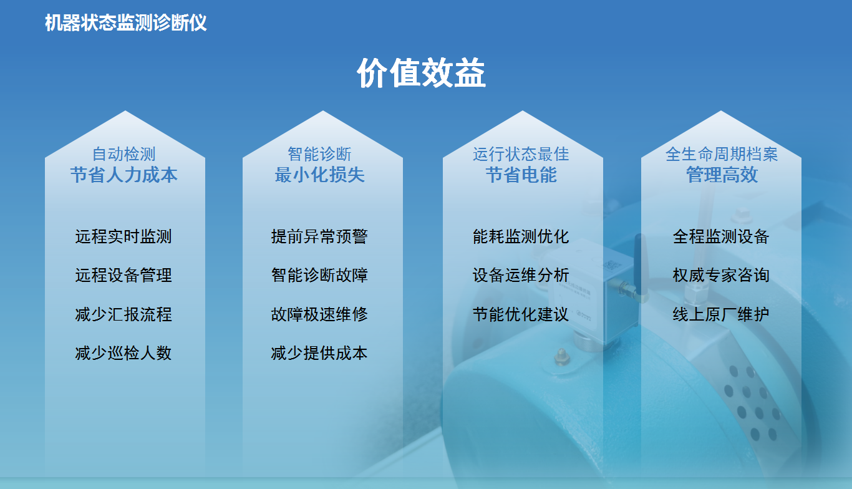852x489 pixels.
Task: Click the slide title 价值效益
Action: pyautogui.click(x=421, y=73)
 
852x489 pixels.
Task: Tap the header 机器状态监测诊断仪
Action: pyautogui.click(x=126, y=23)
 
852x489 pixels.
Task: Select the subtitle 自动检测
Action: pyautogui.click(x=124, y=154)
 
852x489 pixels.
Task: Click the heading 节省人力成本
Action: pyautogui.click(x=124, y=175)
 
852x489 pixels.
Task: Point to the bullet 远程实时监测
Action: pyautogui.click(x=123, y=236)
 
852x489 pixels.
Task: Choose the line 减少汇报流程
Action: pyautogui.click(x=123, y=314)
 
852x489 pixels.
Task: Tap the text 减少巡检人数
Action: pyautogui.click(x=123, y=353)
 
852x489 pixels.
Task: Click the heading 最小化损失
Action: pyautogui.click(x=320, y=175)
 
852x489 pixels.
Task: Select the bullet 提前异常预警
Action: pyautogui.click(x=319, y=236)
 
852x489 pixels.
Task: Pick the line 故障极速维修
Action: pyautogui.click(x=319, y=314)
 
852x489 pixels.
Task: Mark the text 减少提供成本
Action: pyautogui.click(x=319, y=353)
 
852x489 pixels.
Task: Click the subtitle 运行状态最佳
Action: pyautogui.click(x=521, y=154)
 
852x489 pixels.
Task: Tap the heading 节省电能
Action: pyautogui.click(x=521, y=175)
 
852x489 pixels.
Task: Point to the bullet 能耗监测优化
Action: pyautogui.click(x=521, y=236)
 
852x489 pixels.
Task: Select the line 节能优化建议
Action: pyautogui.click(x=521, y=314)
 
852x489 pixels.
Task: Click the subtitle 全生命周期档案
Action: pyautogui.click(x=722, y=154)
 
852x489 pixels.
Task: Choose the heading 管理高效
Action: pyautogui.click(x=722, y=175)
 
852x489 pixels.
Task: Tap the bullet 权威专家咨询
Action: pyautogui.click(x=721, y=275)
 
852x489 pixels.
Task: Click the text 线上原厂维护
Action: pyautogui.click(x=721, y=314)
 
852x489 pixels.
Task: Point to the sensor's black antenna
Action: pyautogui.click(x=641, y=264)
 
